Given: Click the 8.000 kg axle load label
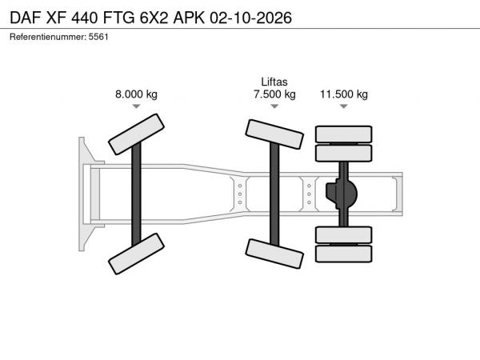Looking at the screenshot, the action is click(x=136, y=94).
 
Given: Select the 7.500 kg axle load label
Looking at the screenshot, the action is click(x=274, y=94).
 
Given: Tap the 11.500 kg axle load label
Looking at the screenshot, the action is click(x=344, y=94).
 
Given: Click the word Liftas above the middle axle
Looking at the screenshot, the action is click(x=274, y=82).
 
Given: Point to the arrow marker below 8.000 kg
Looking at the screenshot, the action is click(x=136, y=106).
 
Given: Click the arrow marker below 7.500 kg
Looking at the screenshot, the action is click(x=274, y=106).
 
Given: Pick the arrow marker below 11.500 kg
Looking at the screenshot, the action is click(x=344, y=106).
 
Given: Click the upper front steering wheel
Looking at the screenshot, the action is click(x=136, y=134).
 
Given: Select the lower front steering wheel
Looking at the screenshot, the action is click(x=136, y=254).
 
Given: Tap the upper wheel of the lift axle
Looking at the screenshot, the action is click(x=274, y=134).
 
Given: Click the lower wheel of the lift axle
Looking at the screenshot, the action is click(x=274, y=254).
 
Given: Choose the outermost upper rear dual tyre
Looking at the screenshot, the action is click(x=344, y=134).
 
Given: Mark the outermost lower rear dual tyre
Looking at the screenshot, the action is click(x=344, y=254).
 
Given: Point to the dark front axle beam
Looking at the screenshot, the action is click(x=136, y=194).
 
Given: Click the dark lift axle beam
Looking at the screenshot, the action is click(x=274, y=194).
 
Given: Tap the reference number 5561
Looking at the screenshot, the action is click(x=98, y=37).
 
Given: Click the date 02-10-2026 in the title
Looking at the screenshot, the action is click(x=250, y=18).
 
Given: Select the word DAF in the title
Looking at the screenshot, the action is click(x=26, y=18).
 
